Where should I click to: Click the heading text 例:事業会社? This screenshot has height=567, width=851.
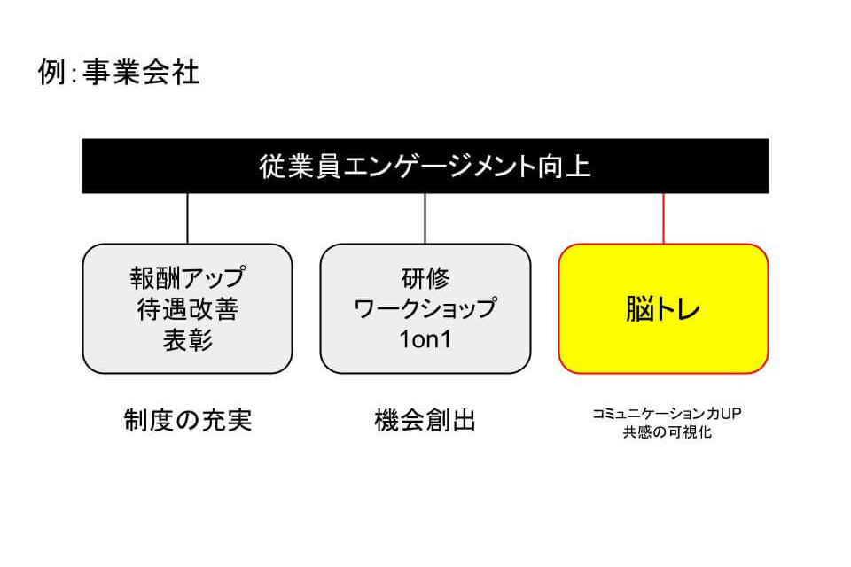point(118,72)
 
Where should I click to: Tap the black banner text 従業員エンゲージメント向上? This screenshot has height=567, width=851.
point(425,166)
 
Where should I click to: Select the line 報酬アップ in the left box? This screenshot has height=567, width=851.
point(187,277)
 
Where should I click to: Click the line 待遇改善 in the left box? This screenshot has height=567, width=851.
point(187,309)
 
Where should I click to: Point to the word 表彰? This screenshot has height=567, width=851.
point(187,340)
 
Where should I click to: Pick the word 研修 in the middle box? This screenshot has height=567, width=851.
point(425,278)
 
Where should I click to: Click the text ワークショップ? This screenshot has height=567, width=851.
point(425,308)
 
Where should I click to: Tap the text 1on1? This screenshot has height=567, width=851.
point(425,339)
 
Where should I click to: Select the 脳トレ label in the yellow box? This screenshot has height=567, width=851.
point(663,308)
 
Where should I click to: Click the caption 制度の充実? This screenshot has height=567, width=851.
point(188,420)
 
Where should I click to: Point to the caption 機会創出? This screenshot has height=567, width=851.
point(425,420)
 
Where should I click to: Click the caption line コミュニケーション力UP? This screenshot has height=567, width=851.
point(667,414)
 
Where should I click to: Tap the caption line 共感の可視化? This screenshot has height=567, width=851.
point(667,432)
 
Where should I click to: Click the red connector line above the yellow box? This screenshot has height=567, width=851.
point(663,219)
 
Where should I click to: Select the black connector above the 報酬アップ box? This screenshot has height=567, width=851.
point(187,219)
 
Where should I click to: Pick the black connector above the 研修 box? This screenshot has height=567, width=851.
point(425,219)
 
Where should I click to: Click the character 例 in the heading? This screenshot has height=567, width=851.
point(51,72)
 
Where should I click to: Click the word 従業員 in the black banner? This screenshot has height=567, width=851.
point(301,166)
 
